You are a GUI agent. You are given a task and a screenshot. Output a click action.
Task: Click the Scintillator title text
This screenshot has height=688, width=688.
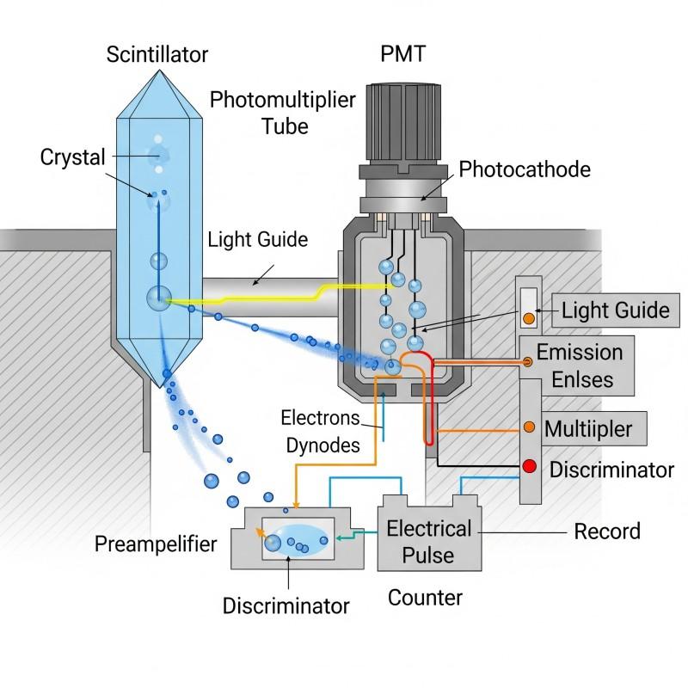[x=157, y=54]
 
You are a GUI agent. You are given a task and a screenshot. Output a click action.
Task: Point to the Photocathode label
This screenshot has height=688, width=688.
[x=525, y=169]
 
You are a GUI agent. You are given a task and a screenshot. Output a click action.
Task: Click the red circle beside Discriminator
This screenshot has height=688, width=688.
[x=530, y=467]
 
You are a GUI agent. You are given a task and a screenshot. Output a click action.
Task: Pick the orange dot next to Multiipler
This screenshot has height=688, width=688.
[x=530, y=427]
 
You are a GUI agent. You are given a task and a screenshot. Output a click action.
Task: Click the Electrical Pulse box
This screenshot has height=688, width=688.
[x=429, y=540]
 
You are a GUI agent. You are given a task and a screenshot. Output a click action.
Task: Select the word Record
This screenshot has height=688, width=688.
[x=607, y=531]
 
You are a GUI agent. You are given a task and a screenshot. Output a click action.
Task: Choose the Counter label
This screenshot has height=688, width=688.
[x=425, y=597]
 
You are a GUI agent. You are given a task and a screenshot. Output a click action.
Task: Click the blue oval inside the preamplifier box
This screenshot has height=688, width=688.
[x=298, y=542]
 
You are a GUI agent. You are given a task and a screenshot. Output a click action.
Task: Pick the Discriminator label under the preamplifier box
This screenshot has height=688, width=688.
[x=286, y=605]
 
